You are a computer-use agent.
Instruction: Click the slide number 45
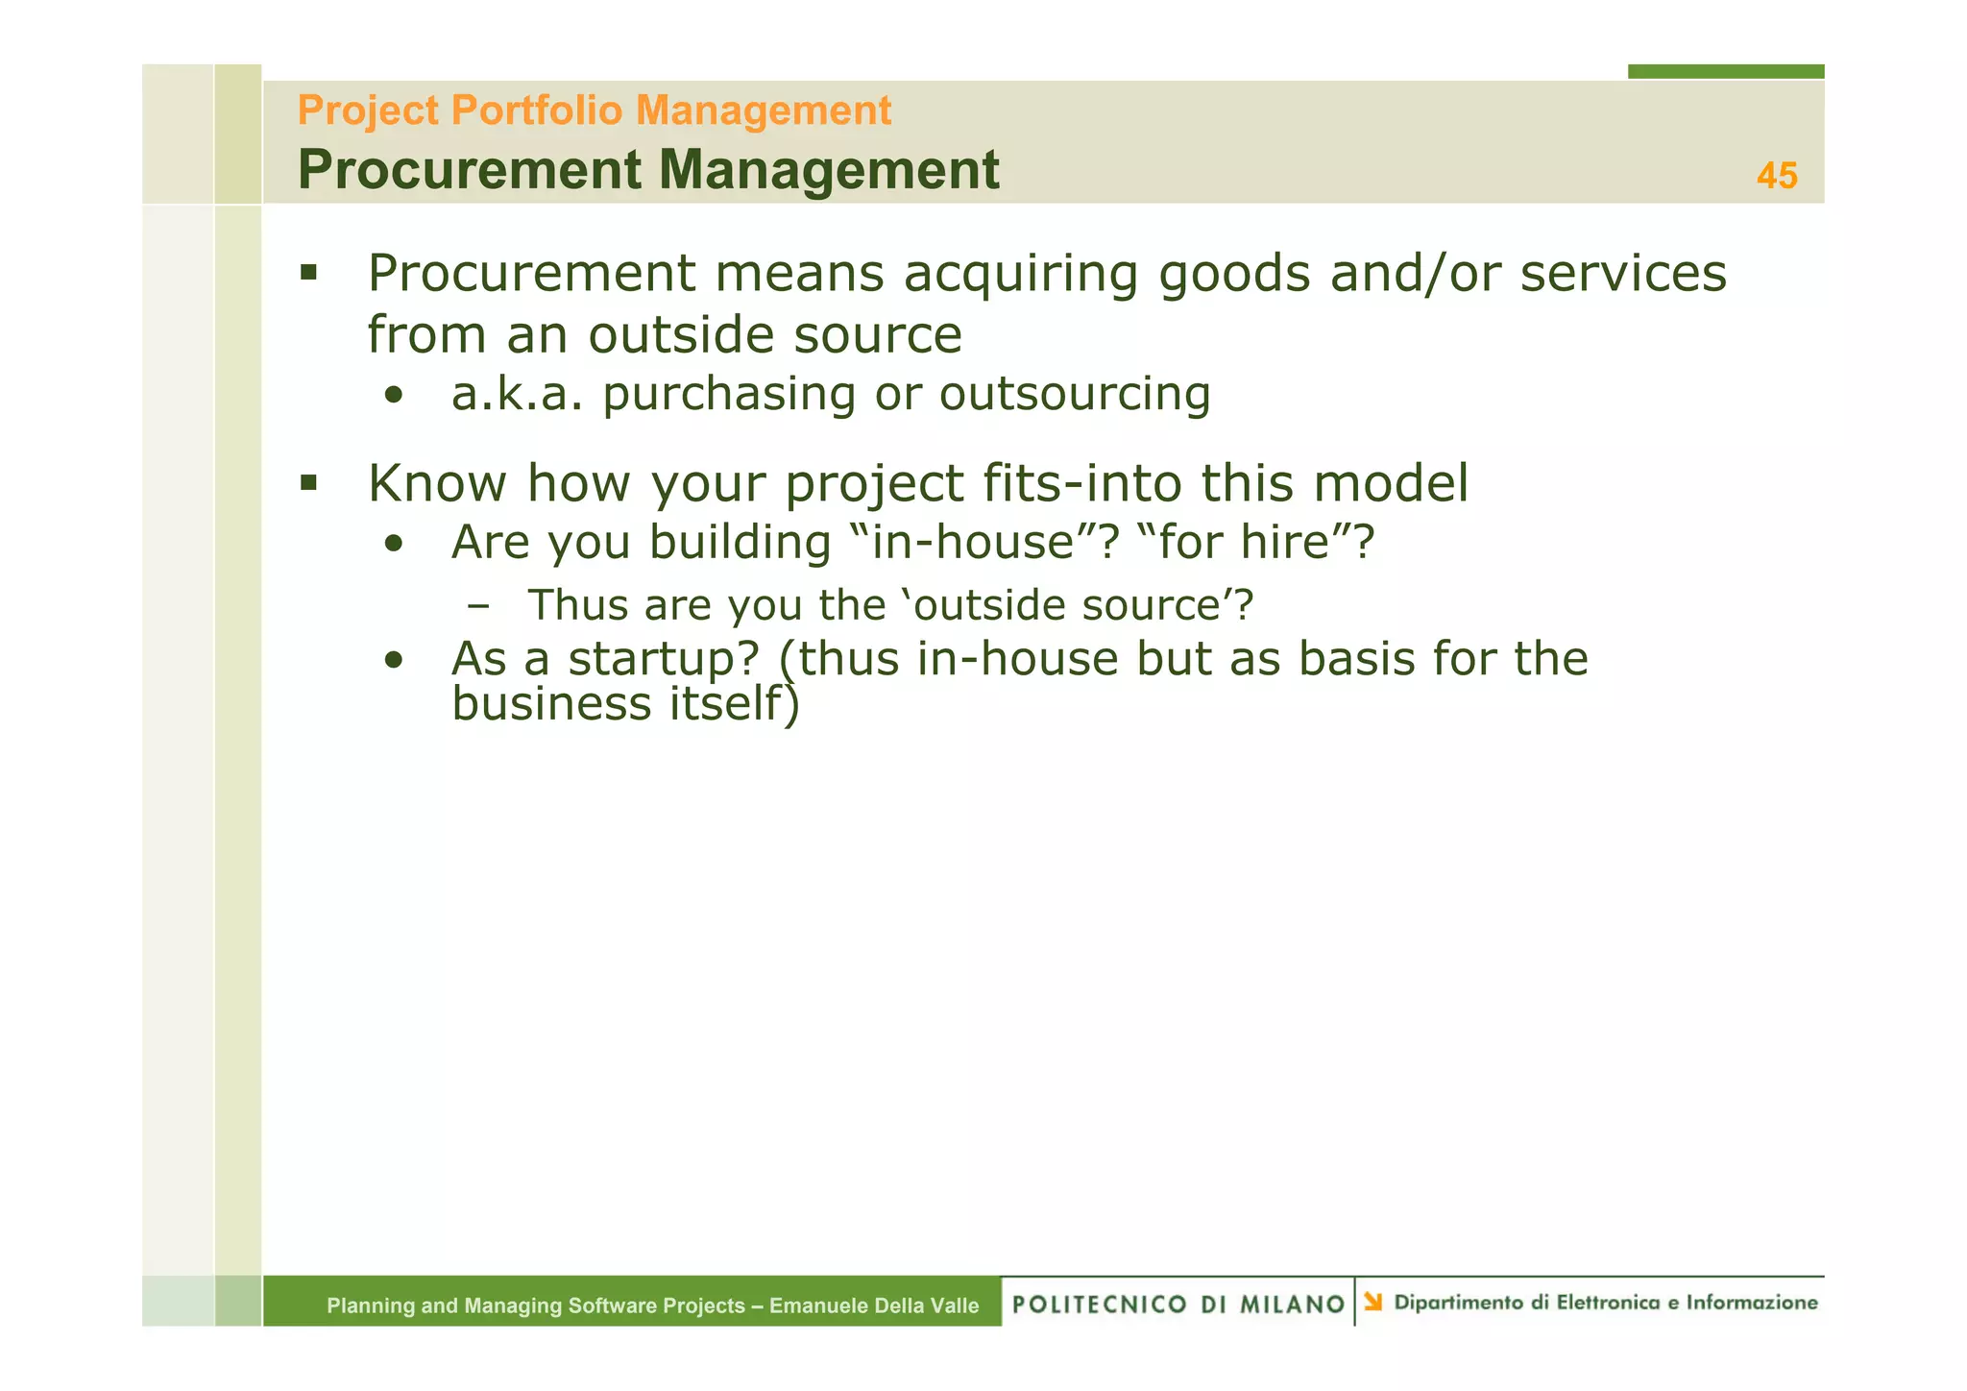tap(1776, 176)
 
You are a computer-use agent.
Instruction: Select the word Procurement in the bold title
tap(469, 170)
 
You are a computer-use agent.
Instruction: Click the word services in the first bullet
tap(1623, 274)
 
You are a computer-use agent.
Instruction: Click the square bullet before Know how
tap(308, 481)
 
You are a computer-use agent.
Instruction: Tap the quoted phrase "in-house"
tap(985, 542)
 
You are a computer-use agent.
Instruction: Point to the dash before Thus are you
tap(477, 606)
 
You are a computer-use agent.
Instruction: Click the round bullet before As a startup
tap(393, 661)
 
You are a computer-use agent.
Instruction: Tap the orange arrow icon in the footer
tap(1373, 1302)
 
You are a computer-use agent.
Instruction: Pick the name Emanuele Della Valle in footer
tap(873, 1306)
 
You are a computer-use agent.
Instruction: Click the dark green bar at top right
tap(1725, 71)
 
